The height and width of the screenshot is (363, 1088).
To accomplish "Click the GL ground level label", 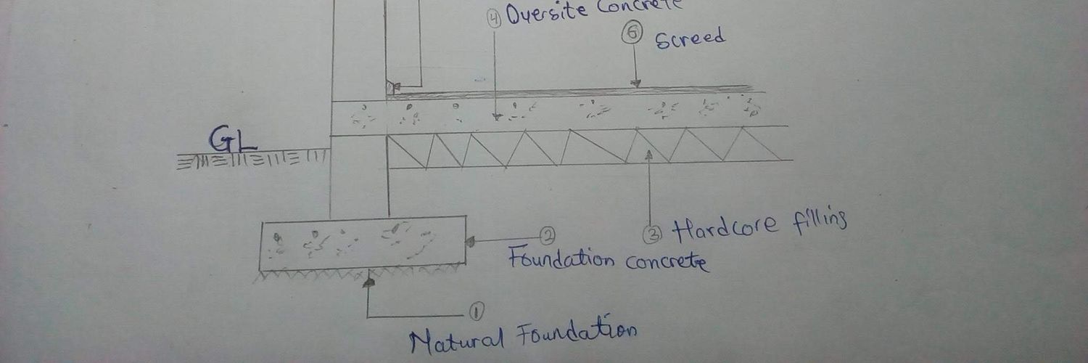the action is tap(233, 139).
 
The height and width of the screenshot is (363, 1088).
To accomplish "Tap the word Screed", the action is tap(691, 38).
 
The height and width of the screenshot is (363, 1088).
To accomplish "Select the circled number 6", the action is tap(632, 33).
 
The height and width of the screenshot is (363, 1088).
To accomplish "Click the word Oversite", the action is tap(546, 12).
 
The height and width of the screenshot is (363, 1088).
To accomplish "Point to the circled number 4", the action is tap(495, 19).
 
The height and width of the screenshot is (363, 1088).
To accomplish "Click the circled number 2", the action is tap(548, 236).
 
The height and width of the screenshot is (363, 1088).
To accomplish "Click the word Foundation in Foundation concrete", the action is tap(561, 258).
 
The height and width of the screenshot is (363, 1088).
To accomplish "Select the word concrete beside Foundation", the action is tap(667, 262).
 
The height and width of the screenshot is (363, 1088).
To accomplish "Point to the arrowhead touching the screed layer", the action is tap(635, 84).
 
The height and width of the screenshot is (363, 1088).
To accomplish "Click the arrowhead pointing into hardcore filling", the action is tap(649, 155).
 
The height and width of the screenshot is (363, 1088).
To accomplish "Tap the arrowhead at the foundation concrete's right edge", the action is tap(470, 242).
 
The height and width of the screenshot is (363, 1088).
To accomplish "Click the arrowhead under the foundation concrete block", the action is tap(369, 282).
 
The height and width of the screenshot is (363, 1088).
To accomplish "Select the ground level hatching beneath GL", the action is tap(252, 160).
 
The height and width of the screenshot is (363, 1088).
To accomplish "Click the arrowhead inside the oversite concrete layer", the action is tap(496, 117).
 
